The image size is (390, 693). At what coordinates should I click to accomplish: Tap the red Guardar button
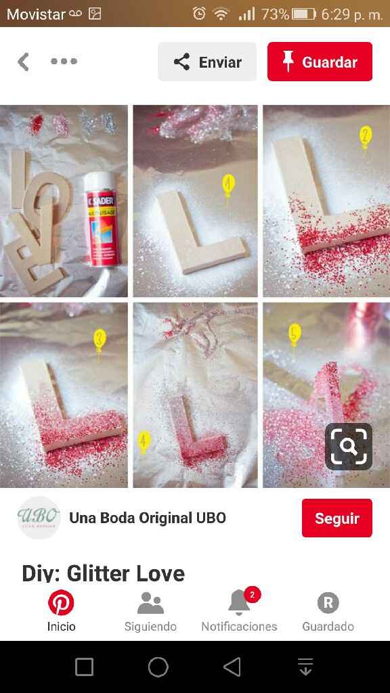point(320,62)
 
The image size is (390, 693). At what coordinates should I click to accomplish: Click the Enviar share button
point(207,62)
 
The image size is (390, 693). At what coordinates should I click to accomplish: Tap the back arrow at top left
point(24,62)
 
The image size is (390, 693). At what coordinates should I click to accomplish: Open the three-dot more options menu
point(64,62)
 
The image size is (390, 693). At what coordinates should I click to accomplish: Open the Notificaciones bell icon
point(238,602)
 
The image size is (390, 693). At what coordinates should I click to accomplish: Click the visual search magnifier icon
point(349,447)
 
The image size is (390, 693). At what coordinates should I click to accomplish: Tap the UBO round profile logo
point(39,518)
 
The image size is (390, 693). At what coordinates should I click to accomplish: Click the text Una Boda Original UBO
point(148,518)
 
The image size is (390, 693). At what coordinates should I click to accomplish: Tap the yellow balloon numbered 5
point(295,334)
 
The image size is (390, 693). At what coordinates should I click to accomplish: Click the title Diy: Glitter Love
point(104,573)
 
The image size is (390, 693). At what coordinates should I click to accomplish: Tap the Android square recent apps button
point(84,667)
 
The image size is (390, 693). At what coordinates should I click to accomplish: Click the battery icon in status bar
point(304,14)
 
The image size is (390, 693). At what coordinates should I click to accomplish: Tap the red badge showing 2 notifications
point(252,594)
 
